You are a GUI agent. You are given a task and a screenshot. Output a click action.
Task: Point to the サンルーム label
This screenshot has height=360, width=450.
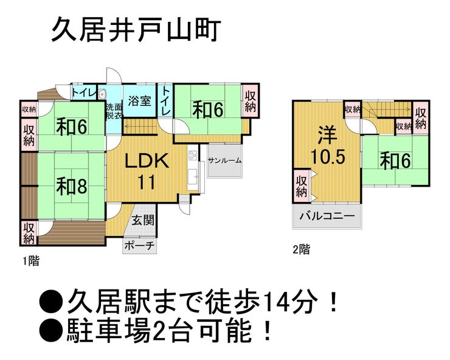tap(224, 161)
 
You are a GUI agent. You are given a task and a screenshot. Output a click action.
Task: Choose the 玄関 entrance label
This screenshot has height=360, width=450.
tap(142, 220)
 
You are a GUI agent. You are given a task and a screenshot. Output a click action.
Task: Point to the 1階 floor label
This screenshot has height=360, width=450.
tap(31, 261)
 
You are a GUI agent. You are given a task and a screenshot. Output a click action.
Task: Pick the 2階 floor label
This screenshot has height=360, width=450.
tap(301, 248)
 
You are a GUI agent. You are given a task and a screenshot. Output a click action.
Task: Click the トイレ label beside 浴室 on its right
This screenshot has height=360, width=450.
tap(166, 100)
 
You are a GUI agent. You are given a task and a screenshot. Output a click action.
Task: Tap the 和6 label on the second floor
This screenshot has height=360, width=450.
tap(395, 161)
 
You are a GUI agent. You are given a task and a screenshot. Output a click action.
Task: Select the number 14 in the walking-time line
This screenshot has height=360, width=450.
tap(274, 300)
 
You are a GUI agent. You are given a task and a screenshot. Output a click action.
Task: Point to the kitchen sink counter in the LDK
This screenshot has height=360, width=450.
tap(192, 167)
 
